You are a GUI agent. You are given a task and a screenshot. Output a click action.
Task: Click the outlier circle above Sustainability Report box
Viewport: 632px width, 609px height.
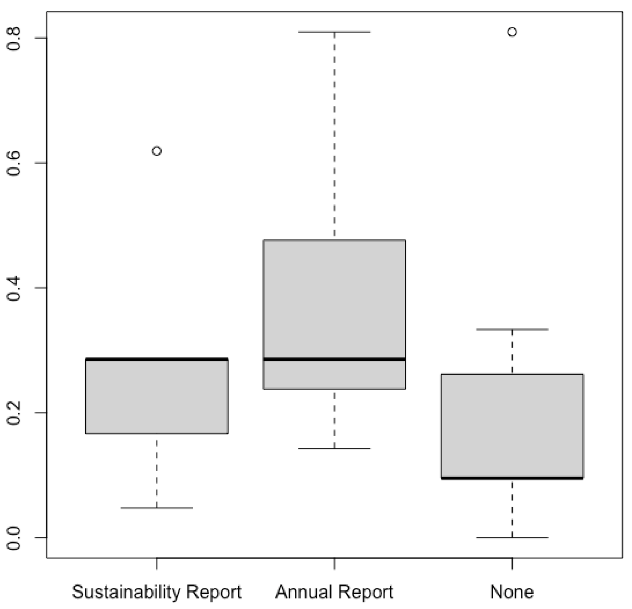[157, 151]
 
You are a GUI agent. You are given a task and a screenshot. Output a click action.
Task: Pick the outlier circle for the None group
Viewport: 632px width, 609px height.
[512, 32]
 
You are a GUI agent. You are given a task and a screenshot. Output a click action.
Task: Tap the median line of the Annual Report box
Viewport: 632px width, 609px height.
[335, 358]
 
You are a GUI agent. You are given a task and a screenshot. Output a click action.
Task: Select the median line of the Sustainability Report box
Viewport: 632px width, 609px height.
[157, 359]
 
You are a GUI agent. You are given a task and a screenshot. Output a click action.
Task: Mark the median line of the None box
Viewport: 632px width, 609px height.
[512, 478]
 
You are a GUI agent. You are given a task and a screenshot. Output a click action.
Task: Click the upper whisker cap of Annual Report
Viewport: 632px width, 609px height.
[335, 32]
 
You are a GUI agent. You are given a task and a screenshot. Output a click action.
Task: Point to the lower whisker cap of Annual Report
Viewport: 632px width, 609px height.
[335, 448]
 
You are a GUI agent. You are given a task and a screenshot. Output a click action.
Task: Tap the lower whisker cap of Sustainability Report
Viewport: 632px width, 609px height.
[157, 508]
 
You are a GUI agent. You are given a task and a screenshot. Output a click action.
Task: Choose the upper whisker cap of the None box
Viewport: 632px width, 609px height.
[512, 329]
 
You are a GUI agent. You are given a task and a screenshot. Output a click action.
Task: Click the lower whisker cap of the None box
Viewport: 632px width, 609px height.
[512, 537]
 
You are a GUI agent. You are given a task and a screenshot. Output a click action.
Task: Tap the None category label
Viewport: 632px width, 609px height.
[512, 592]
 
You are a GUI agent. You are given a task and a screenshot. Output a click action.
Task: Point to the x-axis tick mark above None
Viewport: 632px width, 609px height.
[512, 563]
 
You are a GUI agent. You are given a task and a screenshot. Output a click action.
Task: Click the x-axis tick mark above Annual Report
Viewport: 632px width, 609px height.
[335, 563]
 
